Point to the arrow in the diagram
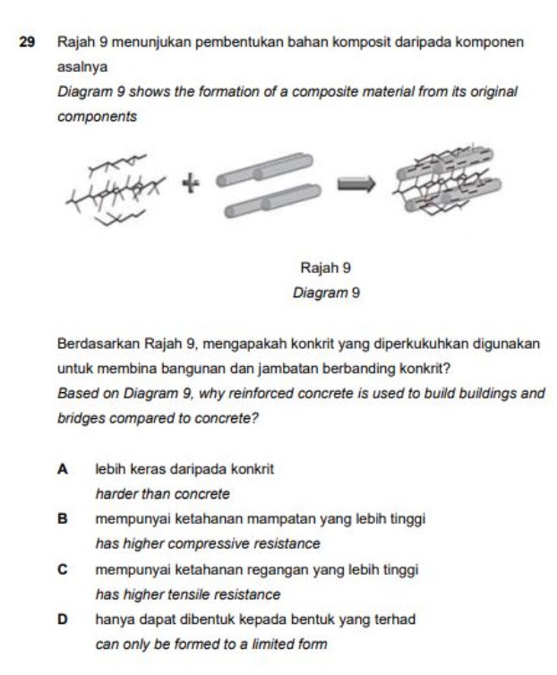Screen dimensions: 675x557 [356, 184]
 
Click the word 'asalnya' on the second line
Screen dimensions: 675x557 [79, 66]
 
